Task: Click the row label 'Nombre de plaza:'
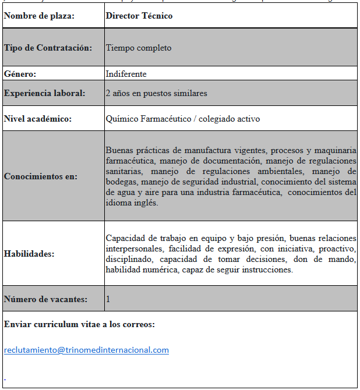[x=39, y=16]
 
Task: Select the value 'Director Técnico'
[x=139, y=16]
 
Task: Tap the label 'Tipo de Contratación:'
[x=48, y=48]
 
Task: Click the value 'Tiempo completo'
[x=139, y=48]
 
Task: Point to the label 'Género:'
[x=20, y=74]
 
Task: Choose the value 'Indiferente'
[x=126, y=74]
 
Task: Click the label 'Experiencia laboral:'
[x=44, y=93]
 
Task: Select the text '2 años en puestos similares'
[x=156, y=93]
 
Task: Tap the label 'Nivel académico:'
[x=37, y=119]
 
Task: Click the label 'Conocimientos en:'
[x=40, y=176]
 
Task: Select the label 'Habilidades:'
[x=29, y=254]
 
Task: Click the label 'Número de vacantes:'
[x=45, y=299]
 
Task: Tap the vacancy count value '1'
[x=108, y=299]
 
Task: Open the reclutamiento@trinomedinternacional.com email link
[x=86, y=350]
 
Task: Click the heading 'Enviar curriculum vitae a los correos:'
[x=79, y=324]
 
